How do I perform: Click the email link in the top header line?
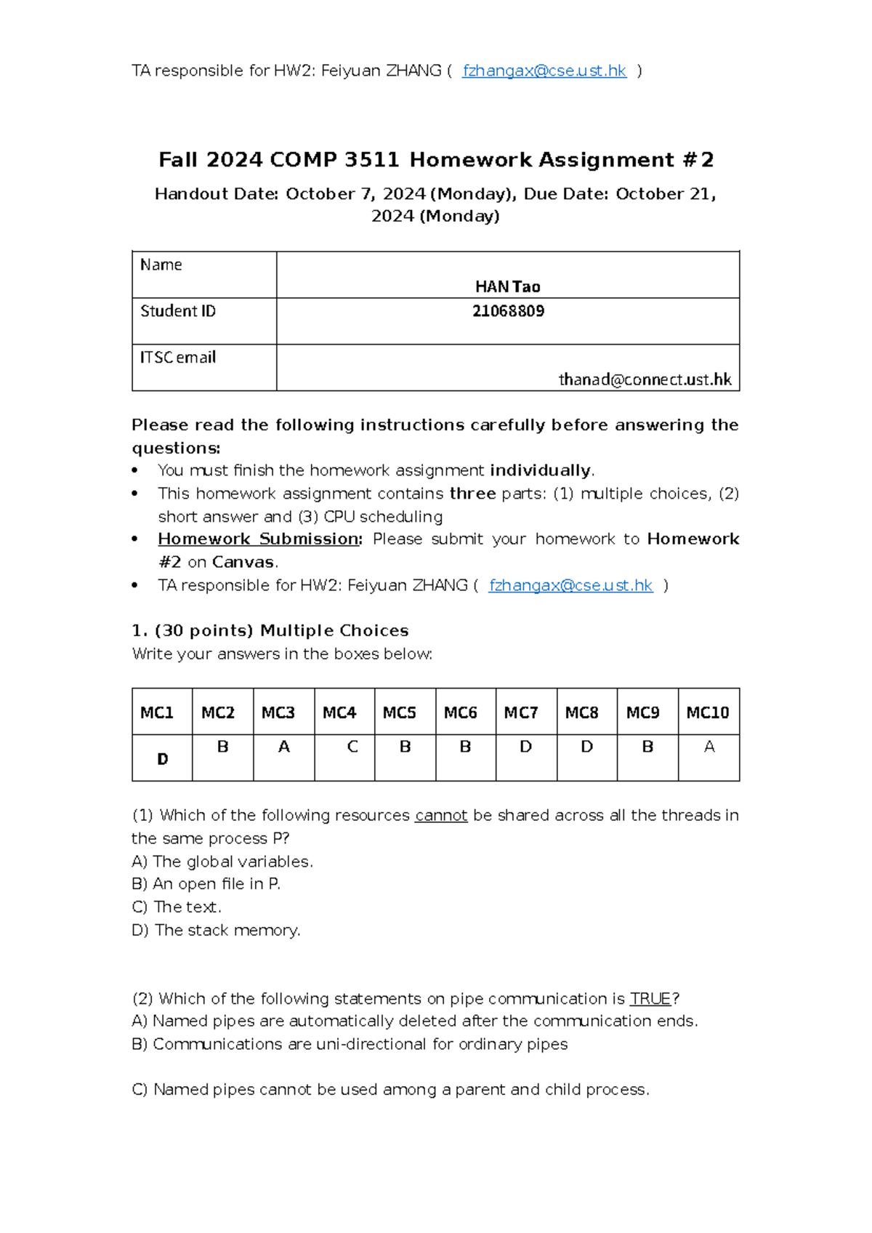544,71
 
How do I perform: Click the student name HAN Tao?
507,286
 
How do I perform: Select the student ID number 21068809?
508,311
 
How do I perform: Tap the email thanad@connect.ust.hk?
645,379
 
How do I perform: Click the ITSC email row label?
178,358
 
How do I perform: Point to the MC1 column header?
157,712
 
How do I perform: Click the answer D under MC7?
525,747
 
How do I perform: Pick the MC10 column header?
707,712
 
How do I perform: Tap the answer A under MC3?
283,747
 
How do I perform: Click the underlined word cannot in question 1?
440,816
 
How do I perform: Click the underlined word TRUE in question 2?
650,999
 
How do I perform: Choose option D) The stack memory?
216,931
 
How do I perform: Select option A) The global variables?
222,862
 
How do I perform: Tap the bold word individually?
540,470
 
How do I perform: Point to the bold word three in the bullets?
472,494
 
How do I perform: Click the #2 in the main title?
698,160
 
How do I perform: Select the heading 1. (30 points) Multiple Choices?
270,630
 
